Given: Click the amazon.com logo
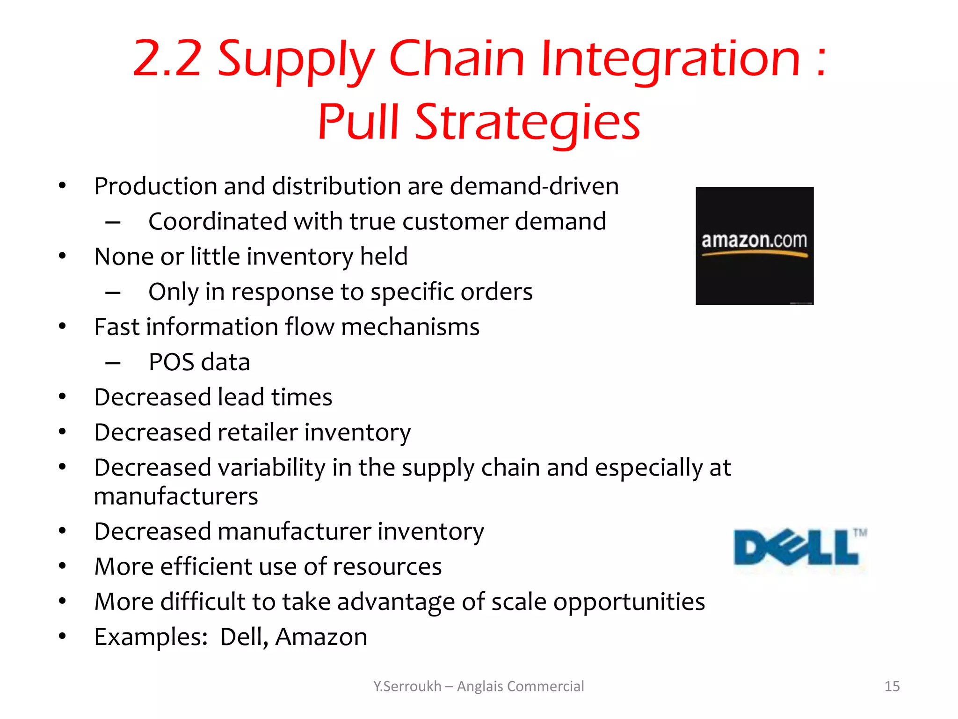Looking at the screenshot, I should pyautogui.click(x=754, y=246).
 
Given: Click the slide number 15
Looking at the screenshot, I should pyautogui.click(x=892, y=686).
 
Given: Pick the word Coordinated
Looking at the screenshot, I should pyautogui.click(x=217, y=221).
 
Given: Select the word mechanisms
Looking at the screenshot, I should pyautogui.click(x=410, y=327).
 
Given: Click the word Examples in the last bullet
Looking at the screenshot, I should pyautogui.click(x=151, y=637).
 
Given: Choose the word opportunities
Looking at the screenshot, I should pyautogui.click(x=629, y=602).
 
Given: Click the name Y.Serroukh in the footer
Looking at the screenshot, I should pyautogui.click(x=407, y=686).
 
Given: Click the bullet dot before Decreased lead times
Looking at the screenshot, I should pyautogui.click(x=62, y=397).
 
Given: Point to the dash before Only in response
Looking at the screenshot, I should pyautogui.click(x=113, y=293).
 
